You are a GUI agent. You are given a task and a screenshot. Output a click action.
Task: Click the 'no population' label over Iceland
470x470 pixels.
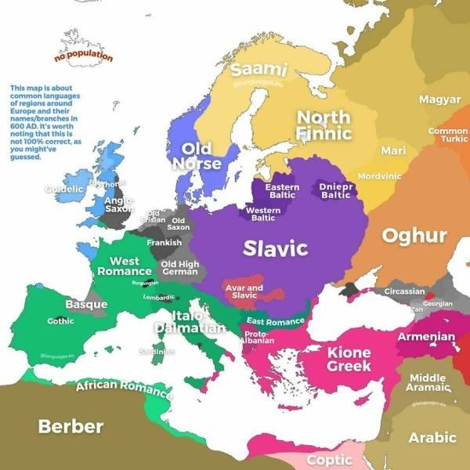click(83, 56)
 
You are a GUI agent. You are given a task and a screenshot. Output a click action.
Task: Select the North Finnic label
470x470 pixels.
click(324, 125)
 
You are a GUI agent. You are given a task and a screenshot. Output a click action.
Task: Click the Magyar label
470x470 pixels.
click(439, 99)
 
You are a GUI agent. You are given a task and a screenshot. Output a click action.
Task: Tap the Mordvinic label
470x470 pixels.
click(379, 176)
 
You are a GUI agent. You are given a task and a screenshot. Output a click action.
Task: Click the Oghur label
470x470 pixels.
click(414, 236)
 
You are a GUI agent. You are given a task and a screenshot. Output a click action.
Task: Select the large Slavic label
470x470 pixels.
click(275, 248)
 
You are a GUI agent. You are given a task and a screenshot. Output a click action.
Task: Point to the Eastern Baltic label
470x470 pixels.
click(282, 191)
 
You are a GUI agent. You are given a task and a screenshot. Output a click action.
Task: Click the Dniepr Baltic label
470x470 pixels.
click(336, 190)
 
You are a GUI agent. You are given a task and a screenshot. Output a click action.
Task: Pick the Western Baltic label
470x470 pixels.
click(263, 214)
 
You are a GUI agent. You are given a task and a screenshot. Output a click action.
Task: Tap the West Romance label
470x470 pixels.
click(125, 266)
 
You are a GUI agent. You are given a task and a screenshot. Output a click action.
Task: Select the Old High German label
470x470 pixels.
click(179, 268)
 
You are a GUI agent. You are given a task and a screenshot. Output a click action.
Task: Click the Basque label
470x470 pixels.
click(86, 304)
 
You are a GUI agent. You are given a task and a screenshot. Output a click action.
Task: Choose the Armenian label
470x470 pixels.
click(426, 337)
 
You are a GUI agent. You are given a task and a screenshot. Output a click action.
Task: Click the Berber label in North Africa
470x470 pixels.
click(70, 426)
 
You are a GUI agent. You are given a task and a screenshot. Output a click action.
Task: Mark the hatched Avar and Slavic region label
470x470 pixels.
click(244, 291)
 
